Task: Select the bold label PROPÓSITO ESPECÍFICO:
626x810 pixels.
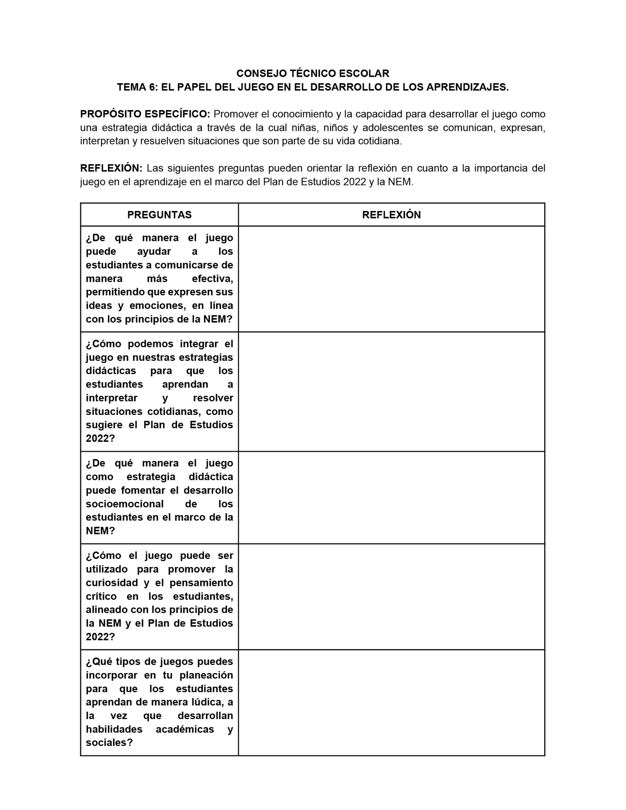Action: coord(145,114)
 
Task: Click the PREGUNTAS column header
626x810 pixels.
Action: coord(159,215)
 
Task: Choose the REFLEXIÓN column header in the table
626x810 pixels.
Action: coord(391,215)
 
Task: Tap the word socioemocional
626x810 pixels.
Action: coord(125,504)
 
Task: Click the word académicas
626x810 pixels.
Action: coord(185,729)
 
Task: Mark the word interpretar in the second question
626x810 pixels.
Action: coord(112,398)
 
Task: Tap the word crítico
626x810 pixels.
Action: coord(102,596)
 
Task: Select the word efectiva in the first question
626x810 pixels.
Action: coord(212,279)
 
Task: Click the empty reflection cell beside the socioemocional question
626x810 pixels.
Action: coord(391,497)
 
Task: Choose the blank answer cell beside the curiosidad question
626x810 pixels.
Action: coord(391,596)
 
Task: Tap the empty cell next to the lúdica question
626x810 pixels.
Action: coord(391,703)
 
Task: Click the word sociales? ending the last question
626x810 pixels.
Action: coord(109,742)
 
